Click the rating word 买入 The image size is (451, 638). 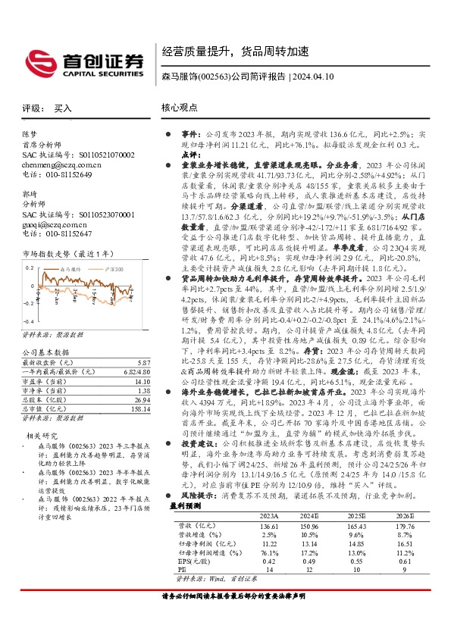63,108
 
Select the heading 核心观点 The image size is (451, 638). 179,108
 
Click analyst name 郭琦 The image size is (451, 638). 30,194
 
